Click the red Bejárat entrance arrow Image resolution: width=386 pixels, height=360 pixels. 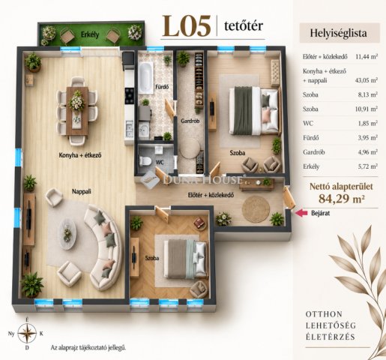pyautogui.click(x=301, y=213)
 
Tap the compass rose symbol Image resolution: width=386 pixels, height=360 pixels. pyautogui.click(x=27, y=333)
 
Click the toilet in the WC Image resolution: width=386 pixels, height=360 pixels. pyautogui.click(x=145, y=160)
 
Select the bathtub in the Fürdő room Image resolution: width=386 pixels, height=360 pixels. pyautogui.click(x=145, y=77)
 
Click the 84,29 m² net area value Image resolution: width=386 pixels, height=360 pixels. pyautogui.click(x=341, y=199)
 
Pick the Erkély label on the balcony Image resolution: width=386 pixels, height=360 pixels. pyautogui.click(x=90, y=34)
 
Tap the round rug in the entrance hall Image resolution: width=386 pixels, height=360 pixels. pyautogui.click(x=256, y=209)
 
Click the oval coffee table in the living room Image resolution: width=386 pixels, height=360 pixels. pyautogui.click(x=67, y=234)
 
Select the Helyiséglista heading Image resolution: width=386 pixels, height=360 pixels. pyautogui.click(x=338, y=33)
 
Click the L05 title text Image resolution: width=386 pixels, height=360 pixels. pyautogui.click(x=187, y=26)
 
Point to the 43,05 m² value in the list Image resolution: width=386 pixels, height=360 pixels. pyautogui.click(x=367, y=80)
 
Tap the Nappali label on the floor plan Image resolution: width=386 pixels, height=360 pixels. pyautogui.click(x=82, y=191)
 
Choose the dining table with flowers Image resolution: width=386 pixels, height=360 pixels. pyautogui.click(x=77, y=111)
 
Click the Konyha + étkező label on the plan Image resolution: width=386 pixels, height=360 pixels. pyautogui.click(x=80, y=155)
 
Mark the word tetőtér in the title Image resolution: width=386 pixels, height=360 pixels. pyautogui.click(x=244, y=25)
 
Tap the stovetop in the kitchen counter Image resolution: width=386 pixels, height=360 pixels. pyautogui.click(x=130, y=96)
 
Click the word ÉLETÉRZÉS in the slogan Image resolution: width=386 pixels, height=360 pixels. pyautogui.click(x=331, y=337)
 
